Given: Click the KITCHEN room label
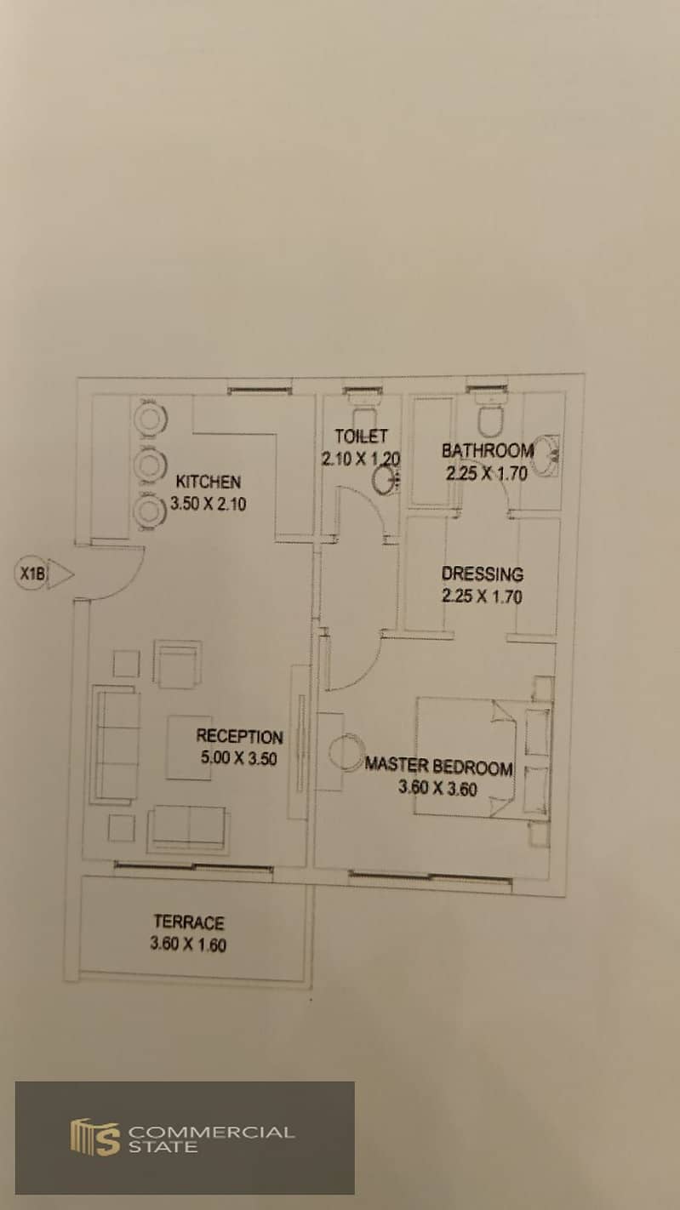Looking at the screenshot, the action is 208,482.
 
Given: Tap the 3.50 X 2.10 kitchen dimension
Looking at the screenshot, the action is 209,504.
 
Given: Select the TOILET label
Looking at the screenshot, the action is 361,436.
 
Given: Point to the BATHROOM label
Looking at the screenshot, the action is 487,450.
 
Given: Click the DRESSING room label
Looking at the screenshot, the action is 483,574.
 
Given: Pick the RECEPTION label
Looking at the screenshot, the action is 239,736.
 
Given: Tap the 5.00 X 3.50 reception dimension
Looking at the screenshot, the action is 239,758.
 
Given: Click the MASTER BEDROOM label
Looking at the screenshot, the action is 438,767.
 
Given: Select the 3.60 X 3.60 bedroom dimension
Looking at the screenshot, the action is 437,789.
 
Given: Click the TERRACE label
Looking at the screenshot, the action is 188,922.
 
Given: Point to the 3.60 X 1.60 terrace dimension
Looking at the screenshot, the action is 188,945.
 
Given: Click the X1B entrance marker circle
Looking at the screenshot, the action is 31,574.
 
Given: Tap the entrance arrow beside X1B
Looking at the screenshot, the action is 60,574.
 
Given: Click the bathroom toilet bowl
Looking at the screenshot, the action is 490,420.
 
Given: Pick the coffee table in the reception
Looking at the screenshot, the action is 188,748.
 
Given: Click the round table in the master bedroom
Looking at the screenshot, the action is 346,753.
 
